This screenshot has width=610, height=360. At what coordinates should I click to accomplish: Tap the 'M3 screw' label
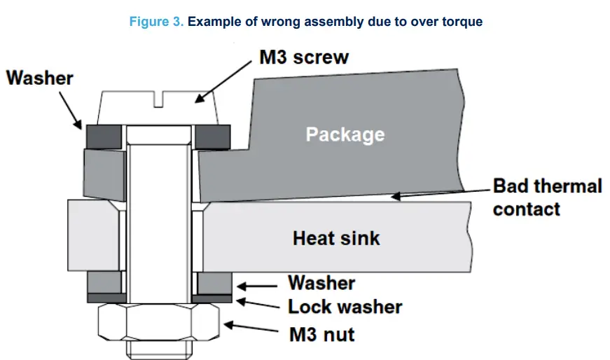coord(303,57)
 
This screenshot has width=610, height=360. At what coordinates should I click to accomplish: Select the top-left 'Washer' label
coord(40,78)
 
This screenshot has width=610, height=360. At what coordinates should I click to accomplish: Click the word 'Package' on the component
coord(345,133)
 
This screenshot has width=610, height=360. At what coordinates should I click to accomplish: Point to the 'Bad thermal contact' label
coord(546,198)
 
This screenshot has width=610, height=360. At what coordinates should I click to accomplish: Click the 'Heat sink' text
coord(336,238)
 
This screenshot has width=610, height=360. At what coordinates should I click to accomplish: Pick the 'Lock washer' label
coord(345,307)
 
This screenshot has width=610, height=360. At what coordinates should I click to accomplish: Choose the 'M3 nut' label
coord(321,334)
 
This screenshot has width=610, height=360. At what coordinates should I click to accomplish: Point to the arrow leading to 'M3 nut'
coord(253,328)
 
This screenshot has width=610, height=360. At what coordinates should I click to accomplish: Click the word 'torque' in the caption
coord(460,22)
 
